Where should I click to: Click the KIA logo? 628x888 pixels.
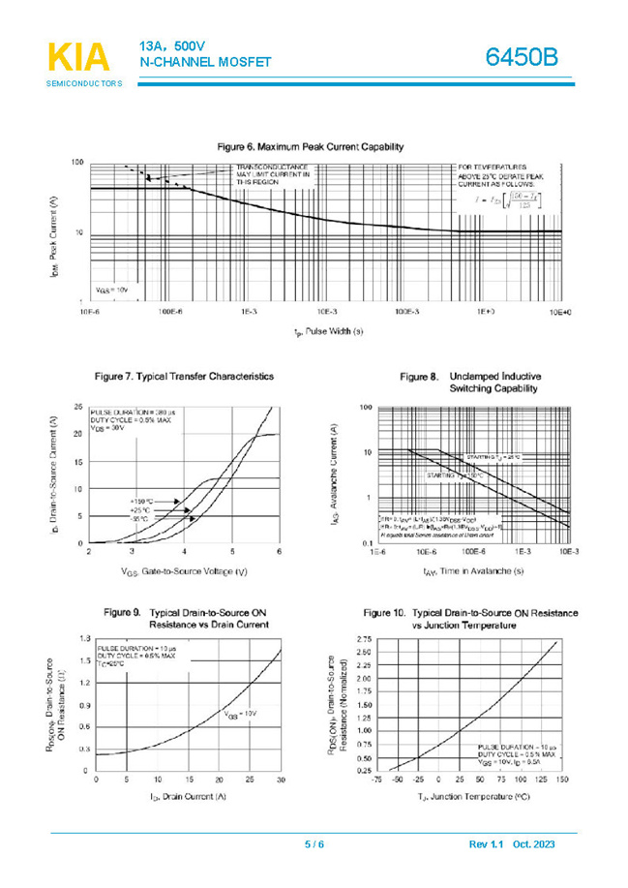78,58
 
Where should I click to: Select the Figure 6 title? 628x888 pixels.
310,146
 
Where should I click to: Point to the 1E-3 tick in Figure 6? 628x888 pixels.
248,314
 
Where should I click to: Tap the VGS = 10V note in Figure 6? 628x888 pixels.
112,290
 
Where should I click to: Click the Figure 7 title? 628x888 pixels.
183,376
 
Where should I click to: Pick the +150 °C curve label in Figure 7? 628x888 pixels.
142,501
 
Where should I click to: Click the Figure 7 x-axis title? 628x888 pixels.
184,571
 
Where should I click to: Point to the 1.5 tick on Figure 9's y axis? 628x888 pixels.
85,660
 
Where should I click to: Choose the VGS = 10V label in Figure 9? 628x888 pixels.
241,714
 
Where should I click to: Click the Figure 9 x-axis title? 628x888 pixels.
188,796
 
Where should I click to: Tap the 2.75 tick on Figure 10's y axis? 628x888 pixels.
363,640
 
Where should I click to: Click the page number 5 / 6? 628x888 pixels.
314,844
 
